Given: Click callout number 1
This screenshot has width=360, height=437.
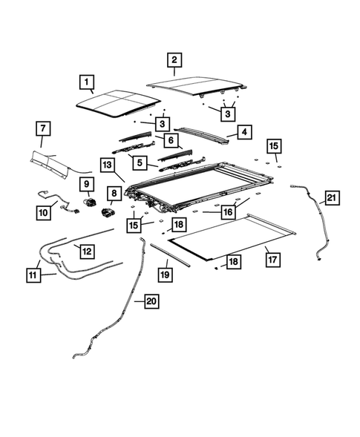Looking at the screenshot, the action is [x=86, y=82].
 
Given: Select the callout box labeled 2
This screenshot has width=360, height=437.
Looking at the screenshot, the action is [x=174, y=60].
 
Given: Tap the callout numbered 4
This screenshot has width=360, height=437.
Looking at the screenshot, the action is [x=244, y=132].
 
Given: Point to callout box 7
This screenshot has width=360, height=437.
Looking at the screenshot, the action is [x=43, y=128].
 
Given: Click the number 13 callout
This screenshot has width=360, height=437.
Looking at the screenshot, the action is [x=108, y=165].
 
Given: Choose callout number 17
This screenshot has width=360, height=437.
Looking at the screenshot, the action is [x=272, y=260].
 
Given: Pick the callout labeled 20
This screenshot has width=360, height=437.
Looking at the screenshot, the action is [x=151, y=301].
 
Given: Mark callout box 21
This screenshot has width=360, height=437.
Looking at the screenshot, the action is [x=332, y=198].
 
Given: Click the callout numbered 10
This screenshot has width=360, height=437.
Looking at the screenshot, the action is [x=44, y=213].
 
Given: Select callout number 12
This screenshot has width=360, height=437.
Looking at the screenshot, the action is [x=87, y=252].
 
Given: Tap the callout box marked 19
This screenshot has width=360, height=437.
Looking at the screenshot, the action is [x=165, y=275].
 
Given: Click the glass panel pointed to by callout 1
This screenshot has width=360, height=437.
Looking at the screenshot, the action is [x=119, y=104].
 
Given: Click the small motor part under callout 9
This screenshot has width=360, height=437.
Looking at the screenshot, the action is [x=90, y=201].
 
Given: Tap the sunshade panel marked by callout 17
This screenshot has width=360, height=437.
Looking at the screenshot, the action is [x=232, y=237].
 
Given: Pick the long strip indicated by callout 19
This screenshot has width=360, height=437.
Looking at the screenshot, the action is [x=170, y=255].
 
